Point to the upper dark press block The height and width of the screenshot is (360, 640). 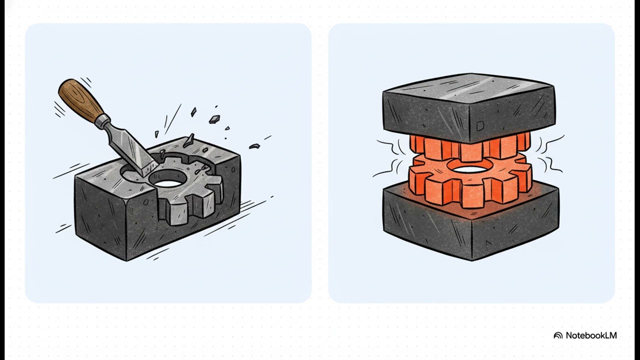469,108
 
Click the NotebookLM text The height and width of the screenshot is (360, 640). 591,335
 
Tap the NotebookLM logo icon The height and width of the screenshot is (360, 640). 557,335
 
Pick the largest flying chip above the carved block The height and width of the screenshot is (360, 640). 214,119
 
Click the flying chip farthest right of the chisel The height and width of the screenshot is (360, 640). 254,146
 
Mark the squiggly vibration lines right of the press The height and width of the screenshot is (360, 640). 550,154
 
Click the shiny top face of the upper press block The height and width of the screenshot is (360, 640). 468,88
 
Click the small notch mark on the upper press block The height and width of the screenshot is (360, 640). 480,125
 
